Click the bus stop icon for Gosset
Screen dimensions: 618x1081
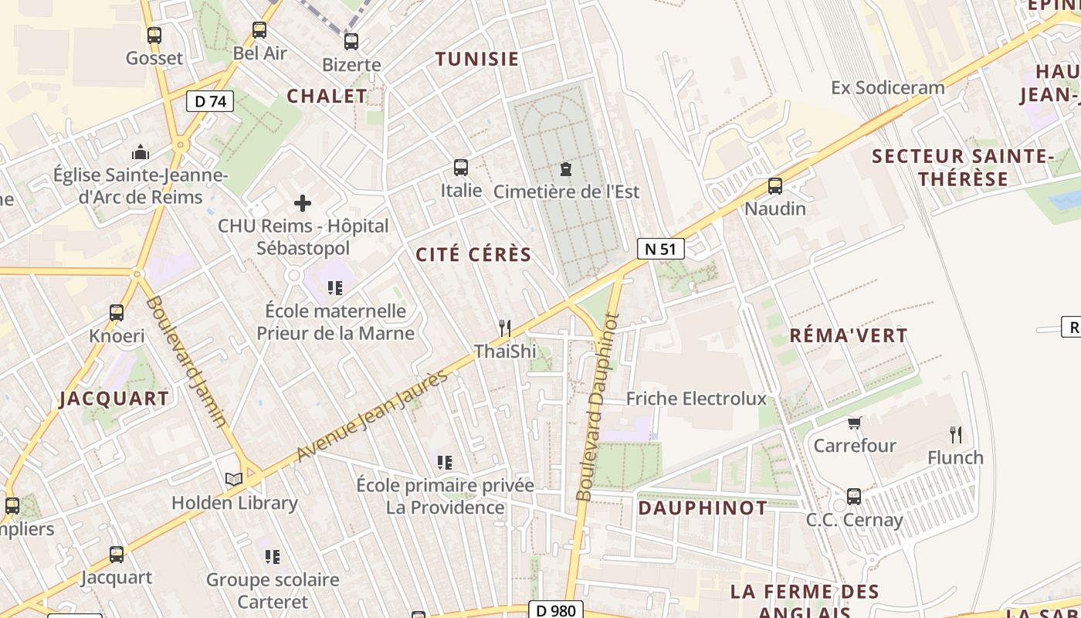(154, 35)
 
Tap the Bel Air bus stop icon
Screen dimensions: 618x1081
(259, 30)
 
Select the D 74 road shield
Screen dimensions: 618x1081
(210, 100)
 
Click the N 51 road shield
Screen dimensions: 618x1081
(660, 249)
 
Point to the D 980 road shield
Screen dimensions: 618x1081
(555, 610)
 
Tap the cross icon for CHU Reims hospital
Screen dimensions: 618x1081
(303, 203)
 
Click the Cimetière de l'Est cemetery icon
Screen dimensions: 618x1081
(566, 168)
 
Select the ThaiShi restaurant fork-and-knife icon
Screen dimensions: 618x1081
(505, 328)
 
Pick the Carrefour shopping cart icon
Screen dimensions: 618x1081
(855, 423)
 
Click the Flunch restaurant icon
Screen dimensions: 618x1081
(956, 435)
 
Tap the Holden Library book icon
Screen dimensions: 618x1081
(234, 480)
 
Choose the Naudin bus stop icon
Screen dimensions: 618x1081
(774, 186)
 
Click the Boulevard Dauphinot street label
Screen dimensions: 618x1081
(598, 406)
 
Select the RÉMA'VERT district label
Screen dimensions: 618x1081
(848, 335)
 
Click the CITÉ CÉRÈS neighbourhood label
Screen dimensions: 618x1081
(473, 255)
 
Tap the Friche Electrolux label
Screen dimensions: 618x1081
(696, 399)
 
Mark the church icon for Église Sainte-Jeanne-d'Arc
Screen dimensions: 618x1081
(141, 152)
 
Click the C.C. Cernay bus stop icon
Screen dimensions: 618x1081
(854, 497)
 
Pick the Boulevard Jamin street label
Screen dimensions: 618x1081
(186, 361)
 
